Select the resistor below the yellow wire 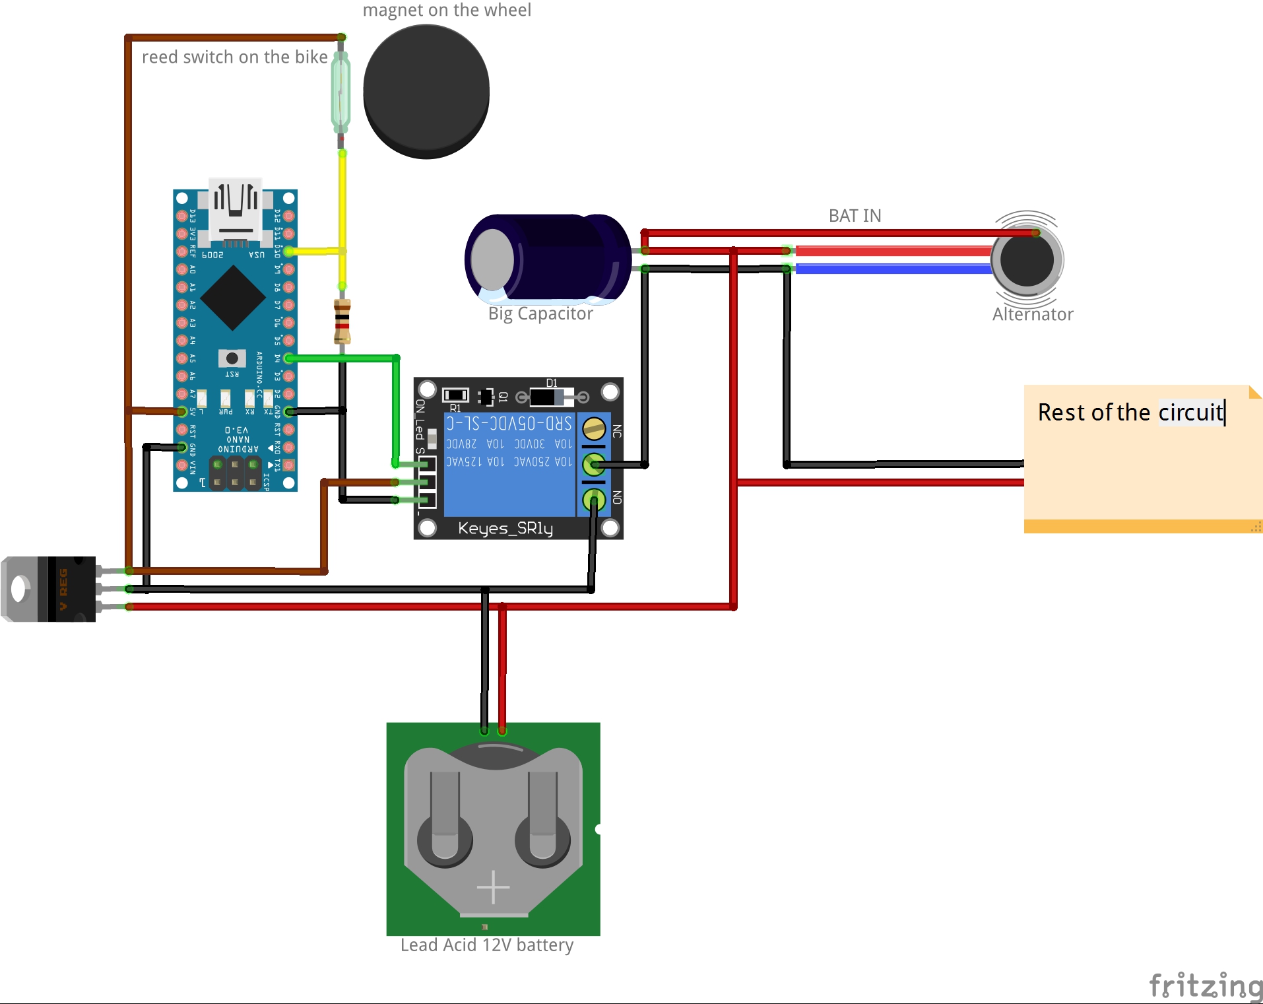point(342,321)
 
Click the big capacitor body point(548,257)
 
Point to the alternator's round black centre point(1027,259)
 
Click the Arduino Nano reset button point(232,358)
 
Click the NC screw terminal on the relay point(594,429)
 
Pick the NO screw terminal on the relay point(594,499)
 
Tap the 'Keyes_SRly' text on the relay point(505,528)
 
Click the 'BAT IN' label point(855,216)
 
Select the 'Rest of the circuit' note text point(1130,412)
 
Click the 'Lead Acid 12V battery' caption point(486,945)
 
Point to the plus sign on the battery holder point(493,887)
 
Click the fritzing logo point(1205,986)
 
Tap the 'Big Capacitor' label point(540,314)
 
